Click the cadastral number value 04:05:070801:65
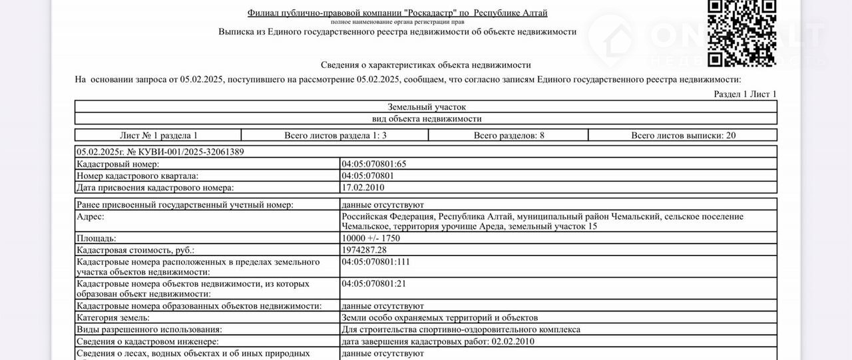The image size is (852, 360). pos(373,164)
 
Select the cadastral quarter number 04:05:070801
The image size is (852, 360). pos(367,176)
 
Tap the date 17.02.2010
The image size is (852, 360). pos(362,188)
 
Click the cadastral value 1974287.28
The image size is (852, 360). pos(364,250)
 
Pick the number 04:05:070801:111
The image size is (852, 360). pos(375,262)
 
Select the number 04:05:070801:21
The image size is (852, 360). pos(373,283)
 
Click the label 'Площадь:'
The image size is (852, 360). pos(97,238)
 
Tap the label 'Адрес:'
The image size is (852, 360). pos(91,217)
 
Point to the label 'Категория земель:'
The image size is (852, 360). pos(113,318)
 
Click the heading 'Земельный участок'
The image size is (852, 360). pos(426,106)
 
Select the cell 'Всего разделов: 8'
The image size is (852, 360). pos(509,135)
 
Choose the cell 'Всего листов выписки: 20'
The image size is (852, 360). pos(684,135)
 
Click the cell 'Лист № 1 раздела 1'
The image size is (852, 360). pos(158,135)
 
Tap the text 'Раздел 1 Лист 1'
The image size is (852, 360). pos(745,94)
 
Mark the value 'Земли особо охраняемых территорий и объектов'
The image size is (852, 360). pos(439,318)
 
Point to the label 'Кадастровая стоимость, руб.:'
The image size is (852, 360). pos(136,250)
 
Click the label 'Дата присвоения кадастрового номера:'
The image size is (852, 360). pos(155,188)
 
